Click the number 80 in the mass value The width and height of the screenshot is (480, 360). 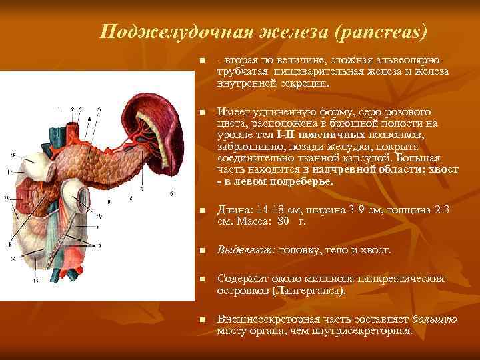285,221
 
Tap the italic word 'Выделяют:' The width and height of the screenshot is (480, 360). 241,250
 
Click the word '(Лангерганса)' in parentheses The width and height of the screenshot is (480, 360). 311,291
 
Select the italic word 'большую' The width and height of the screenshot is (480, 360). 435,319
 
